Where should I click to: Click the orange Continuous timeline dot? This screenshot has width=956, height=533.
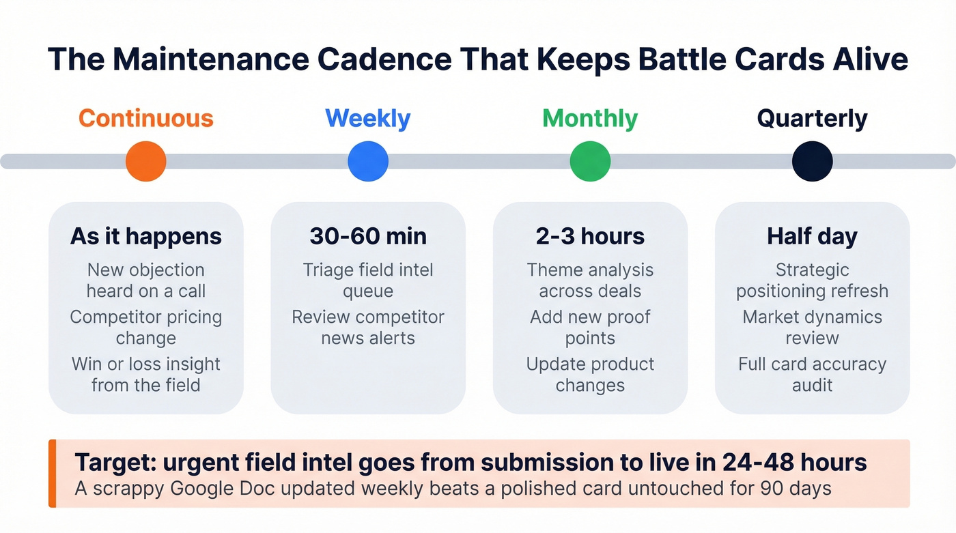click(146, 162)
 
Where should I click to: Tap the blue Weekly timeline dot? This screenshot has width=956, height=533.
click(368, 162)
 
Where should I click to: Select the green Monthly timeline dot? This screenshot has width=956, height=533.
click(590, 162)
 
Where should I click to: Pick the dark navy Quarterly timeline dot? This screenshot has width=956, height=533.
click(812, 162)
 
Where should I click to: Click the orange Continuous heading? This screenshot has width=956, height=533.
click(146, 118)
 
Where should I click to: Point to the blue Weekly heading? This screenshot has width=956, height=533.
click(368, 118)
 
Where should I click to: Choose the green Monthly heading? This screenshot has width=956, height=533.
click(590, 118)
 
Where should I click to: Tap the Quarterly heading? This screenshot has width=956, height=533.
click(812, 118)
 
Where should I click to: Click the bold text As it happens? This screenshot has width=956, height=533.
click(146, 236)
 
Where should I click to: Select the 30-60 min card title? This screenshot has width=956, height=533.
click(368, 236)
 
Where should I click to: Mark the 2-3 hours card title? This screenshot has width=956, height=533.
click(590, 236)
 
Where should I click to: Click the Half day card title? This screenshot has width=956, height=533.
click(812, 236)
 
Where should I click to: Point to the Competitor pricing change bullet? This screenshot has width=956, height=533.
click(146, 328)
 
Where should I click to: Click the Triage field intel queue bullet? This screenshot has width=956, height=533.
click(368, 280)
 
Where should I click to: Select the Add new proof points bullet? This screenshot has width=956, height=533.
click(590, 328)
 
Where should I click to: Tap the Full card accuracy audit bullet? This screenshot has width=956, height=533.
click(812, 375)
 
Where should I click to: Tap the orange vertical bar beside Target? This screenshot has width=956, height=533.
click(52, 474)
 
